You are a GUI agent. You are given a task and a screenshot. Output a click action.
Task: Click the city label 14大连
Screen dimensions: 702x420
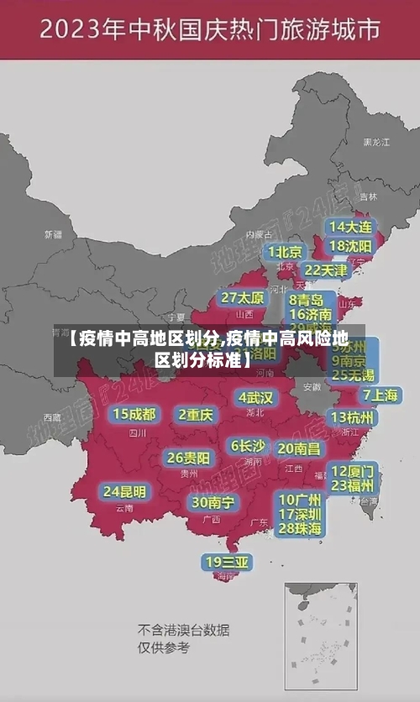click(350, 227)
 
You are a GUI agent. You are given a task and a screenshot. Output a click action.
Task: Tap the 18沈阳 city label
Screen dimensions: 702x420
click(350, 246)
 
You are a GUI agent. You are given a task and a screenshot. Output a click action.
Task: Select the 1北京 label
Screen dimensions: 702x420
click(285, 252)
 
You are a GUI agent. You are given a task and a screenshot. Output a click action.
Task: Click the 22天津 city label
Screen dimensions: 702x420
click(325, 270)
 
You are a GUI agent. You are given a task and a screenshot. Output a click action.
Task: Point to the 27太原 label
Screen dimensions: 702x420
click(243, 298)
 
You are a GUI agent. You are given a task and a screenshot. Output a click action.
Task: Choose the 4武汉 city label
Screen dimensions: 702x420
click(255, 397)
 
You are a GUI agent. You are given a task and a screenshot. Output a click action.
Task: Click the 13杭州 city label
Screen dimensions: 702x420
click(353, 417)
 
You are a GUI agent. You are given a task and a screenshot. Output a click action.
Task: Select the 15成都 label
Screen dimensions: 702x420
click(134, 414)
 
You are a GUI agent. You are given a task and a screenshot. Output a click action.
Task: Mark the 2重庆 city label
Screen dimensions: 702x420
click(195, 415)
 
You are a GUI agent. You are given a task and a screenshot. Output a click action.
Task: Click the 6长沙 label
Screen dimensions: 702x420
click(248, 446)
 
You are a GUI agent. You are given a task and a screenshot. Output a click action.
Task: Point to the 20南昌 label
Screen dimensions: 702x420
click(298, 448)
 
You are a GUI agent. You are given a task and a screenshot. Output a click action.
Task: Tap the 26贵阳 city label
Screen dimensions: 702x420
click(188, 458)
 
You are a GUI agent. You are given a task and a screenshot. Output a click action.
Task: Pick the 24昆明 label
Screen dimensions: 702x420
click(124, 491)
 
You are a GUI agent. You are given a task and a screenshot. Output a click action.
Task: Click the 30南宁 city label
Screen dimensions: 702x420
click(213, 502)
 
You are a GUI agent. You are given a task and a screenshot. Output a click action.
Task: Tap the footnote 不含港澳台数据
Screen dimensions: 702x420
click(183, 630)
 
